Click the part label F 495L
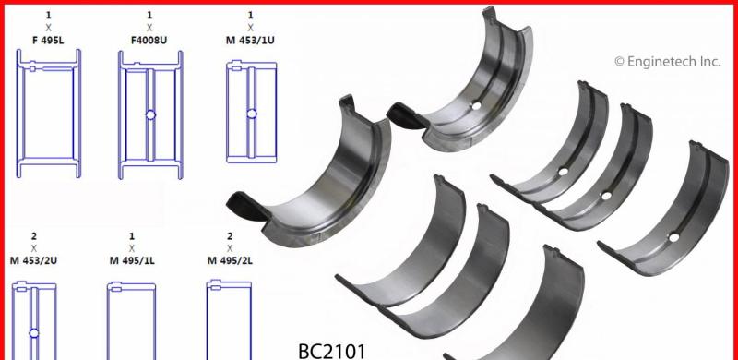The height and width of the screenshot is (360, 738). click(49, 40)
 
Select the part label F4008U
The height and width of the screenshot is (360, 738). click(149, 40)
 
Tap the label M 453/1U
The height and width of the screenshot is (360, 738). click(251, 40)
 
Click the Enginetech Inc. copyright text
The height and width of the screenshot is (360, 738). click(667, 62)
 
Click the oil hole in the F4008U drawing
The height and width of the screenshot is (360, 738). click(149, 115)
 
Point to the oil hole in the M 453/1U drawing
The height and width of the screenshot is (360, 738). click(250, 114)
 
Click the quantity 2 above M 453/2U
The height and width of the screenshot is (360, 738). click(34, 236)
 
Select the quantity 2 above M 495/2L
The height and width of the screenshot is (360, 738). click(229, 236)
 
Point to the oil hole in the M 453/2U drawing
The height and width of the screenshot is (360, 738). click(33, 331)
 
